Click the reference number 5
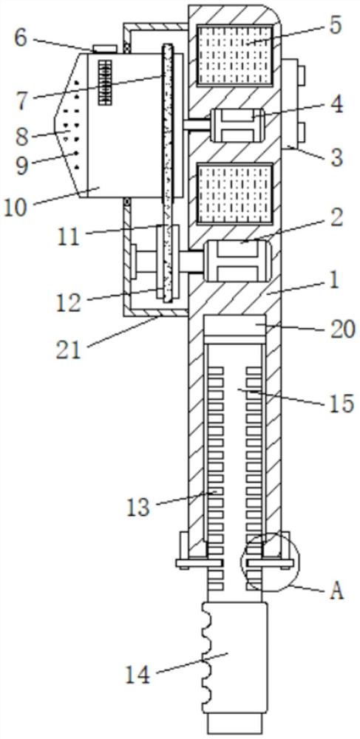point(335,27)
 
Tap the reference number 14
point(137,675)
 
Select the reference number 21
point(69,350)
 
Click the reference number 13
point(138,507)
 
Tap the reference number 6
point(20,38)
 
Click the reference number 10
point(17,208)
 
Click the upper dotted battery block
point(234,55)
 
